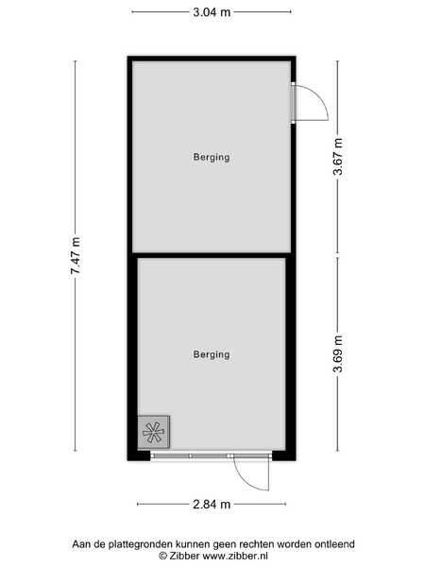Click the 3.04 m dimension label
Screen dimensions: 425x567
click(x=212, y=12)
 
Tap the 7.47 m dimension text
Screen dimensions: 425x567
click(x=76, y=255)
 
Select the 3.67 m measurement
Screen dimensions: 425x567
click(x=338, y=157)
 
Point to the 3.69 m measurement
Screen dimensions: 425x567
click(x=338, y=353)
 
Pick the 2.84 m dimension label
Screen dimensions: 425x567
click(x=212, y=504)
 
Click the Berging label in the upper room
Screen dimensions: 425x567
click(x=212, y=157)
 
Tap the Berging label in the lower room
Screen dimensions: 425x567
click(x=212, y=354)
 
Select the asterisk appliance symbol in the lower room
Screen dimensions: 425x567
click(x=154, y=432)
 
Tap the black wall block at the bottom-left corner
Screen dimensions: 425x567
click(x=139, y=455)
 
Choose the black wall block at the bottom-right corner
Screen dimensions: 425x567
click(x=284, y=455)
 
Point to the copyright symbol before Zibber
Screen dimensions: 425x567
click(x=163, y=556)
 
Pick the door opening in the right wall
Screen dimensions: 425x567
click(x=294, y=103)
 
